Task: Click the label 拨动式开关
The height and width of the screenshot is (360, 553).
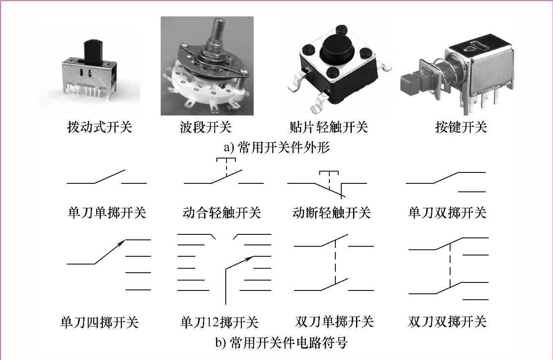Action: [x=100, y=127]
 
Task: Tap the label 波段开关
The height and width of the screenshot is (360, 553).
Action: [x=205, y=127]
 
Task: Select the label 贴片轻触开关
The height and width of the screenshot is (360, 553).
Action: [x=329, y=127]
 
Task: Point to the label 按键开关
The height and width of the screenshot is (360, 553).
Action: [x=461, y=127]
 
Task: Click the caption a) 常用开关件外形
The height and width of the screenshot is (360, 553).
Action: [x=277, y=148]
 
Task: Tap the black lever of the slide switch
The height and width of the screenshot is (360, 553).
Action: [x=94, y=51]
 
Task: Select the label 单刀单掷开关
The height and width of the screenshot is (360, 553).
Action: [x=107, y=212]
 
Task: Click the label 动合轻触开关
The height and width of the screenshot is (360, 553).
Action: [x=222, y=212]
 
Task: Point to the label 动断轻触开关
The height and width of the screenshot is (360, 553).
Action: [x=332, y=212]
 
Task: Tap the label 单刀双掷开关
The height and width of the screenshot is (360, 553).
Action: [x=447, y=212]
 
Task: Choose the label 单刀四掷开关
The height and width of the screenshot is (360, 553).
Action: [x=100, y=322]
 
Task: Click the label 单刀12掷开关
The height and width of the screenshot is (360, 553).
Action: [x=219, y=322]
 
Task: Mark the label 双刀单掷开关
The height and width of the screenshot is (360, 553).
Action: [x=334, y=322]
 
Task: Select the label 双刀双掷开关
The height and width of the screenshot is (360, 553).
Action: [x=447, y=322]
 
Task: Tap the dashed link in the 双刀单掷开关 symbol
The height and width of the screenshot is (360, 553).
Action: [x=335, y=261]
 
